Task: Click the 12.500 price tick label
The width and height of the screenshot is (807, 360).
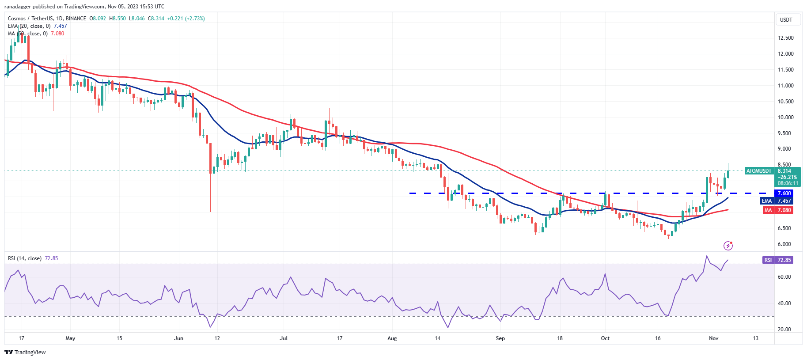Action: pos(785,38)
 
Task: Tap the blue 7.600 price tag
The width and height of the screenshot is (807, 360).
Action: pos(784,193)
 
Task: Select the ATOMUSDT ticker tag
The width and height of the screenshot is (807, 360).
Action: pos(758,171)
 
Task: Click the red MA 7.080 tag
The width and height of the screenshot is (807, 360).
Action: pos(778,210)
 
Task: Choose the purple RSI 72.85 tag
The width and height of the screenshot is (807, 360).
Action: pos(778,260)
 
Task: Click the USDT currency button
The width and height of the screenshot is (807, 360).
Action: pos(786,20)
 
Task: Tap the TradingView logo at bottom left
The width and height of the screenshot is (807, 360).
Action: pos(25,352)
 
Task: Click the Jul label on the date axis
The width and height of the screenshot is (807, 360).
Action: pos(284,338)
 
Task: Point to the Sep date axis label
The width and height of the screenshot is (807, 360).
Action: pos(500,338)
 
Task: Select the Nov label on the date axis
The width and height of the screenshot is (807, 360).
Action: pos(713,338)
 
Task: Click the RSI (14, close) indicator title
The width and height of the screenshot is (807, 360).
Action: pos(25,258)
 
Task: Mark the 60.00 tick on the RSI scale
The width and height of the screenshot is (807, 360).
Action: pos(784,277)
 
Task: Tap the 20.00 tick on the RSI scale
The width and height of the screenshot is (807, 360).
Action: pos(784,330)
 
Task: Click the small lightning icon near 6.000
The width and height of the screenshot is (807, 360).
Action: pos(728,246)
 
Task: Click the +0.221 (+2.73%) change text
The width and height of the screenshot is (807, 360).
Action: pos(186,19)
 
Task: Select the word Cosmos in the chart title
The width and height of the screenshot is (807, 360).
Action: pos(17,19)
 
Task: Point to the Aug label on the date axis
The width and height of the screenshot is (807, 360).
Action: pos(392,338)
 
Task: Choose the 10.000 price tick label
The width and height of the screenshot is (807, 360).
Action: pos(785,117)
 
